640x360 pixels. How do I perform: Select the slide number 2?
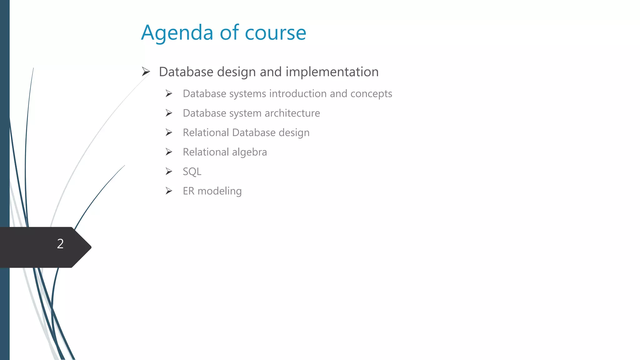pos(60,244)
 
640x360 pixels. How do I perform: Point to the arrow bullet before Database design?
pos(146,72)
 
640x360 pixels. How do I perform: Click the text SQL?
pos(192,172)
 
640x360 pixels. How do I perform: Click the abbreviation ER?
pos(188,191)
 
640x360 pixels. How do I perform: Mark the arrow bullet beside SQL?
pos(169,171)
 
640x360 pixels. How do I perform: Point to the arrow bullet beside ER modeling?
pos(169,191)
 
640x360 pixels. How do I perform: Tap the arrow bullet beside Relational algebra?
pos(169,152)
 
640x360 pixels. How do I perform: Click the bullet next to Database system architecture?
pos(169,113)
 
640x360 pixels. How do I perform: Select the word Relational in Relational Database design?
pos(206,132)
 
